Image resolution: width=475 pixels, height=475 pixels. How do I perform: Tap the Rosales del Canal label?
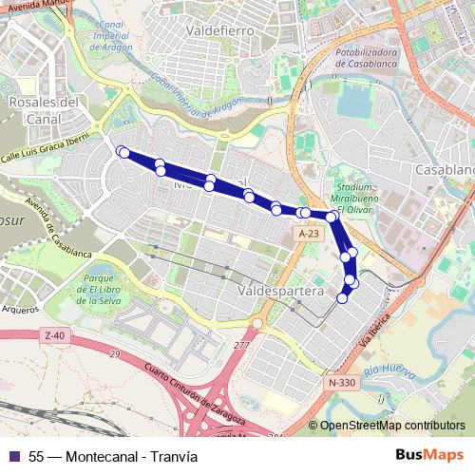tap(41, 110)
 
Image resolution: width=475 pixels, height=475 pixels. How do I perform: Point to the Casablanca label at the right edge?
tap(444, 169)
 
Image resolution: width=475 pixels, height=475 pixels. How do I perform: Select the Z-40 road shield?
tap(54, 335)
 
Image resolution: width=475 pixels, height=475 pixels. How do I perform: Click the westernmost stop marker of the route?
tap(121, 151)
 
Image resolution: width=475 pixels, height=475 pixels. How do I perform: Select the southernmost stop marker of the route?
tap(343, 298)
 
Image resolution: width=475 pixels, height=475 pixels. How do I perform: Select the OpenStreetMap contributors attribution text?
tap(392, 426)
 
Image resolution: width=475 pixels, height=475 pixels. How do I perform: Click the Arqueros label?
tap(20, 309)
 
